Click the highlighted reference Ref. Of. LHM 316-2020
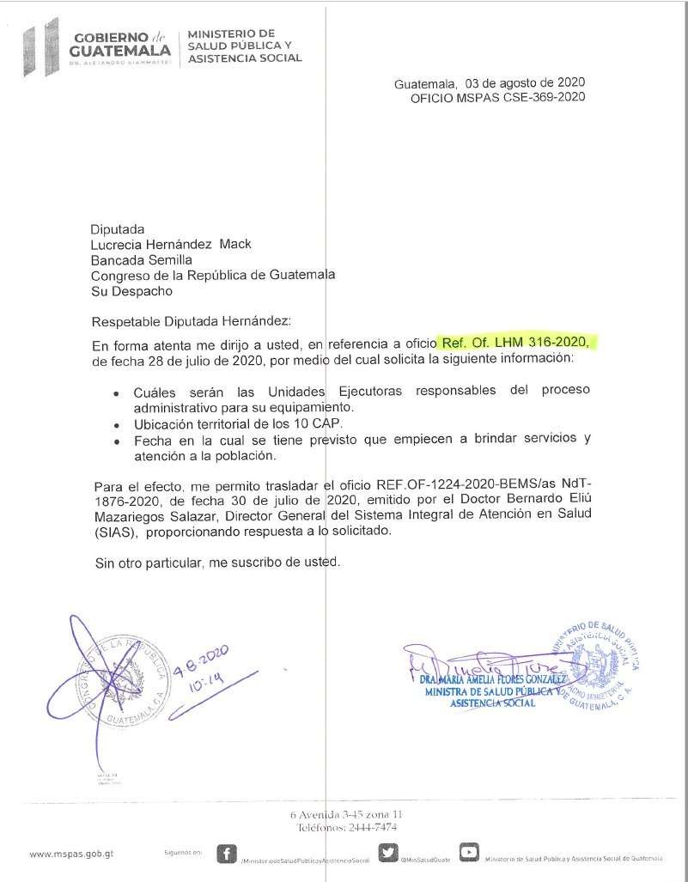coord(514,343)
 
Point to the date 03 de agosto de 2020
coord(525,82)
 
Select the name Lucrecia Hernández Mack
coord(171,244)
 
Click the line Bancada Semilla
coord(142,259)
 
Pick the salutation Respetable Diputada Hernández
coord(192,321)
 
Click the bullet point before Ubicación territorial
coord(117,425)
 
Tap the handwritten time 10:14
coord(206,684)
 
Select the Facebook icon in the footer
coord(227,853)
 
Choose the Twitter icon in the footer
coord(388,853)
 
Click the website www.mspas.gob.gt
coord(71,855)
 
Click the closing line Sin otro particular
coord(217,563)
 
